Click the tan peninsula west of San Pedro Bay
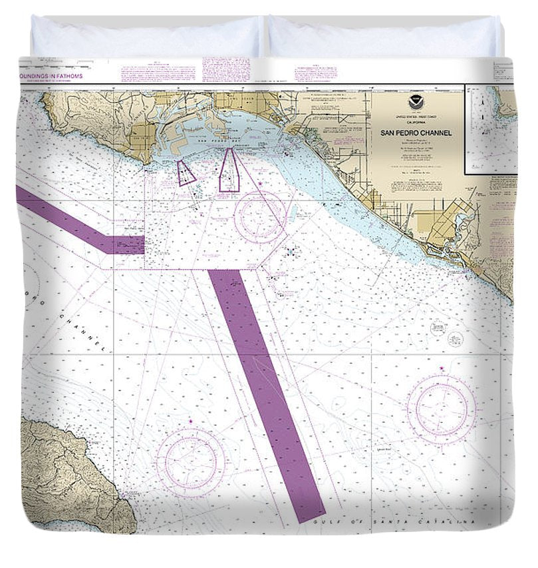[106, 123]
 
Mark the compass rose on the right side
[442, 406]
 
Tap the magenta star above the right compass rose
[442, 368]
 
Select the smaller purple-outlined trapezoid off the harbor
[186, 172]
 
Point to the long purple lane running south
[266, 393]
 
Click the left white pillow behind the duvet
[146, 37]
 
